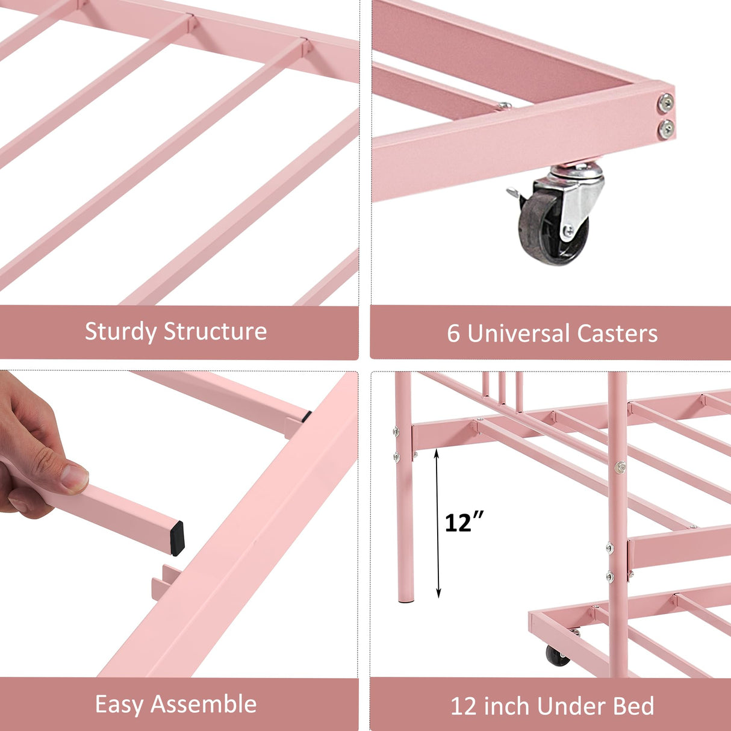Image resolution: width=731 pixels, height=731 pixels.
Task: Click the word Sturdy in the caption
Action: point(121,332)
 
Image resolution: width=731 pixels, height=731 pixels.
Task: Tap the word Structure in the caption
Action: point(215,332)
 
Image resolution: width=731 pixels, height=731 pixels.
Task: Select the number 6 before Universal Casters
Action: point(453,334)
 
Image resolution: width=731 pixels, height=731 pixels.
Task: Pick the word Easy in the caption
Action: point(119,705)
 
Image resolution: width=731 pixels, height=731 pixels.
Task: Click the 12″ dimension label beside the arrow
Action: point(464,522)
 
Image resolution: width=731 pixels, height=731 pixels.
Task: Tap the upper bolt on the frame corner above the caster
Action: point(665,103)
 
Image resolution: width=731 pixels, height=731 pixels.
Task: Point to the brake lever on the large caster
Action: point(514,193)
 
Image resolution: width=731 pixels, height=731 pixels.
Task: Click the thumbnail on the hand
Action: point(75,477)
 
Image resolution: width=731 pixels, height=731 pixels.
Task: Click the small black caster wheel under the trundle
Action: point(558,656)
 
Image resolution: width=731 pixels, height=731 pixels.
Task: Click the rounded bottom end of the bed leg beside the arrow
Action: point(406,599)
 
